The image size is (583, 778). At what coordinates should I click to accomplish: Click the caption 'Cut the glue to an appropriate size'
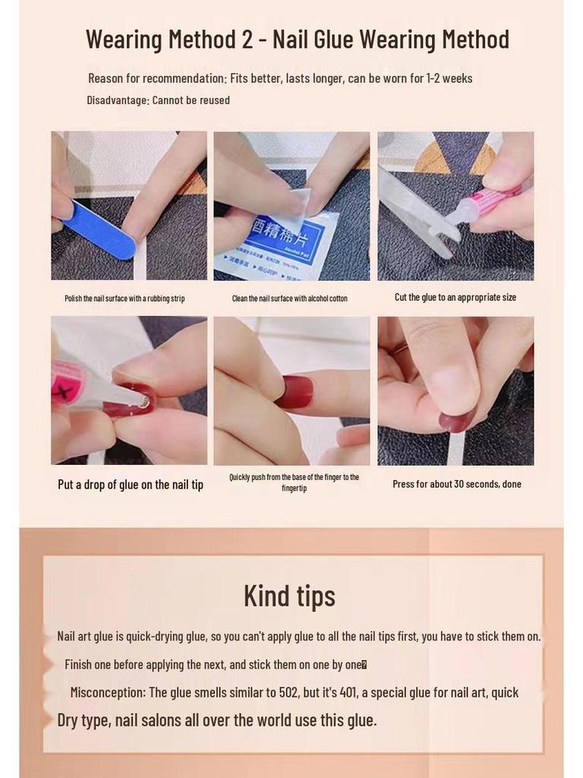455,297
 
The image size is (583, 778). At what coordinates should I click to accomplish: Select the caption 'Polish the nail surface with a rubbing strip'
124,299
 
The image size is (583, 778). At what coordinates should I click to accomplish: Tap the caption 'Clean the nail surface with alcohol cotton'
289,299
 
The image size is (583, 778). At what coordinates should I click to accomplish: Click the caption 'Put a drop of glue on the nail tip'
131,485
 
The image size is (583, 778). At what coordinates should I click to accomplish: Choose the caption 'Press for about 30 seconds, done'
456,484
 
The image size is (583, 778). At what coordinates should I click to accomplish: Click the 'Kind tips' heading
289,596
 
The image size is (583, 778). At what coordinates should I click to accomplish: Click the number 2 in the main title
247,39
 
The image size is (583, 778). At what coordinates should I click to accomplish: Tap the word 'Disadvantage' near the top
117,100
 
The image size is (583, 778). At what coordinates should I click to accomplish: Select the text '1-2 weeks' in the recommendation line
448,78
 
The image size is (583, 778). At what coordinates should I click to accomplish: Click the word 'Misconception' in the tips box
107,692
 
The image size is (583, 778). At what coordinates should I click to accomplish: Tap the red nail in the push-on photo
293,392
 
